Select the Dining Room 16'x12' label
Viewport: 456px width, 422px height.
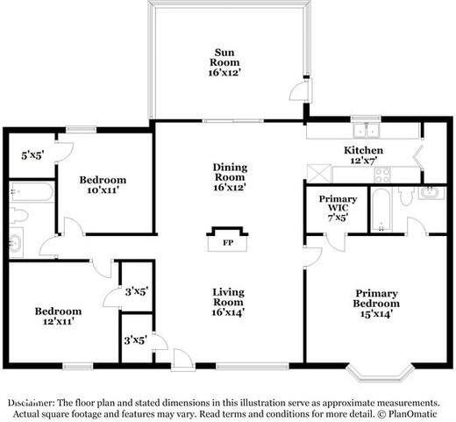point(230,176)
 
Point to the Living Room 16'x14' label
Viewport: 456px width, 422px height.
point(228,301)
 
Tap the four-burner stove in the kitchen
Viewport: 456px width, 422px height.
point(383,173)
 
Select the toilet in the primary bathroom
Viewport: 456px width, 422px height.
point(406,196)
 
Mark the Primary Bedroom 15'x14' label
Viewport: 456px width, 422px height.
point(376,301)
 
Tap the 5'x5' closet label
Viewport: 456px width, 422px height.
point(32,155)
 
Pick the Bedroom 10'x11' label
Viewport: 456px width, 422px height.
point(103,184)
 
